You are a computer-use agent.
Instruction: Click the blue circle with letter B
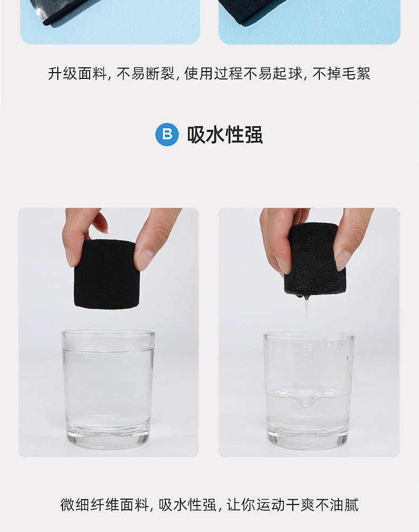[x=167, y=135]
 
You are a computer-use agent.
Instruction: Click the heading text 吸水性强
[x=225, y=135]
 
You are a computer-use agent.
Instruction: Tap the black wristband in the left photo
[x=107, y=274]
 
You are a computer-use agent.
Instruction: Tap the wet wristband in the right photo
[x=315, y=260]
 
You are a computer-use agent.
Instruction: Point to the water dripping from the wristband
[x=307, y=306]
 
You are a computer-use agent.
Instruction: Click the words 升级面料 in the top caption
[x=77, y=74]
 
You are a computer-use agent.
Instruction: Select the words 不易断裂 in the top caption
[x=145, y=74]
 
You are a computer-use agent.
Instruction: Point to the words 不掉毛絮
[x=341, y=74]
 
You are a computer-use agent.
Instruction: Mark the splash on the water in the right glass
[x=307, y=398]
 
